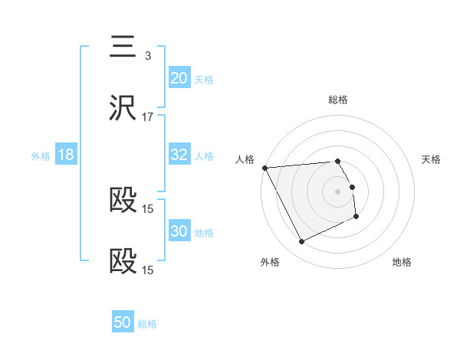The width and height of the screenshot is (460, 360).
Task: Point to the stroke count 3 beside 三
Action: (x=148, y=56)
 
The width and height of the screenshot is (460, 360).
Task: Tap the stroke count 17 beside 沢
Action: (x=148, y=117)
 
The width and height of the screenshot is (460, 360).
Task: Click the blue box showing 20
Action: (x=179, y=78)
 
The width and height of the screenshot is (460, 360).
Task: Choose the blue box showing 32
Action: (x=179, y=155)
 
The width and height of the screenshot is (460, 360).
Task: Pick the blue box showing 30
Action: (x=179, y=231)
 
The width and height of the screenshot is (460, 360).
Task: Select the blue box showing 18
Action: (x=66, y=155)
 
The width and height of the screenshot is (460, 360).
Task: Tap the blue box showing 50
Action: (x=123, y=322)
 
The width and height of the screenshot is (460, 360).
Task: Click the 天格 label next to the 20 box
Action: (x=204, y=79)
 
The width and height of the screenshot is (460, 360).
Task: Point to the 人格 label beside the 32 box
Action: (x=204, y=155)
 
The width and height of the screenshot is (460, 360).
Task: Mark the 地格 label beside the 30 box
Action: (x=204, y=232)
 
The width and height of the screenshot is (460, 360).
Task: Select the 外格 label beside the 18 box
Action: (x=41, y=155)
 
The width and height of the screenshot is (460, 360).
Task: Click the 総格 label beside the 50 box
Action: (x=147, y=324)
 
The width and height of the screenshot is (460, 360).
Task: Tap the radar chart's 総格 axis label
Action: (x=338, y=100)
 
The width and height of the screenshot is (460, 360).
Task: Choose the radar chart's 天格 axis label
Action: (x=432, y=159)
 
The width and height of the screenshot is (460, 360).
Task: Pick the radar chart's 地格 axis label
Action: (x=402, y=262)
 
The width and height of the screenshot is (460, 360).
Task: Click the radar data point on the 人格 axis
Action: (x=264, y=168)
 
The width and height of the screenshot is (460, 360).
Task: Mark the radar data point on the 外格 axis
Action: (x=301, y=242)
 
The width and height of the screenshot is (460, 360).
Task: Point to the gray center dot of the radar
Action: (x=338, y=191)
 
